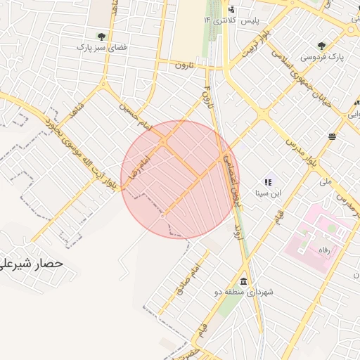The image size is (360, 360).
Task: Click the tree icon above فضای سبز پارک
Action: point(101,35)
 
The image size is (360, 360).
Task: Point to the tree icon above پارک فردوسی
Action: point(322,44)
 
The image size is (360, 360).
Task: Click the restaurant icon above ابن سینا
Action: point(267,181)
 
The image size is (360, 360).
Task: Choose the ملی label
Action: point(325,181)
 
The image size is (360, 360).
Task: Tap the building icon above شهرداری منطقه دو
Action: point(243,280)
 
